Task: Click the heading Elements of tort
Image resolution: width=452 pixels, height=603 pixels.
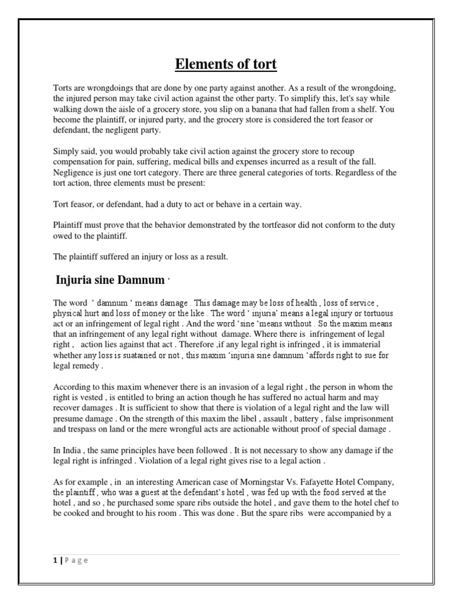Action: point(227,64)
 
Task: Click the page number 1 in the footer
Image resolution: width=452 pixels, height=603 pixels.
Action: point(54,560)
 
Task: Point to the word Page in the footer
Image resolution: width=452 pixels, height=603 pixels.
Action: point(75,560)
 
